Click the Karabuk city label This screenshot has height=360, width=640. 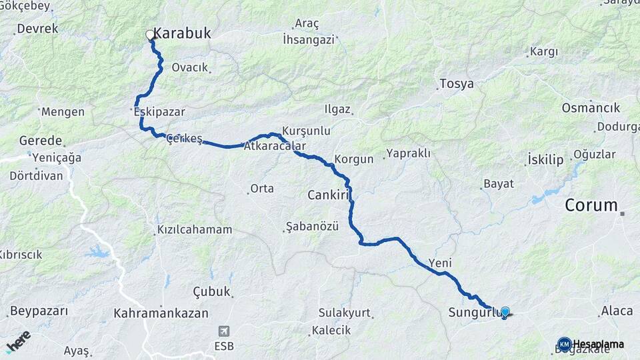182,32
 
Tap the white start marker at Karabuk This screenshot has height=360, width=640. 150,34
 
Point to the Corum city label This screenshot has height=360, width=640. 591,205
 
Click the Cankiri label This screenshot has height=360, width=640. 329,195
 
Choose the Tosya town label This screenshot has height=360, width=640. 457,84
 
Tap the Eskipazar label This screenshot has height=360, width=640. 159,112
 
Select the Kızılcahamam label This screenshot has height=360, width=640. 194,229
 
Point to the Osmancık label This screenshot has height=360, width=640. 591,107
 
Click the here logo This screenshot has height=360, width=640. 18,341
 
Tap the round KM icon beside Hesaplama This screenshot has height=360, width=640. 564,344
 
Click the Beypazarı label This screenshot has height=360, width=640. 39,311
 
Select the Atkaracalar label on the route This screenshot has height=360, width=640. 275,146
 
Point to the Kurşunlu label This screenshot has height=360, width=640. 307,131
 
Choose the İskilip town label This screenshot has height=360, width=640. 545,159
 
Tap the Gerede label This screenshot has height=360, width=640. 41,141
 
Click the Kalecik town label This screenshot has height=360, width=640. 332,331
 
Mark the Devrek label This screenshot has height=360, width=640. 37,29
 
